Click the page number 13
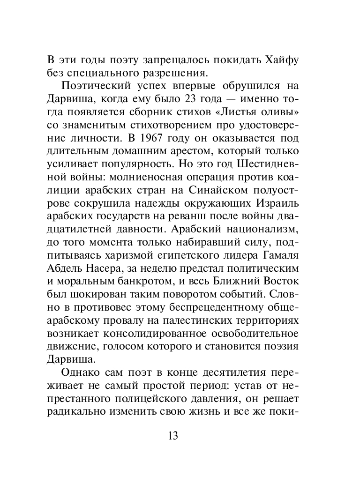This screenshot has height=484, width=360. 172,435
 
